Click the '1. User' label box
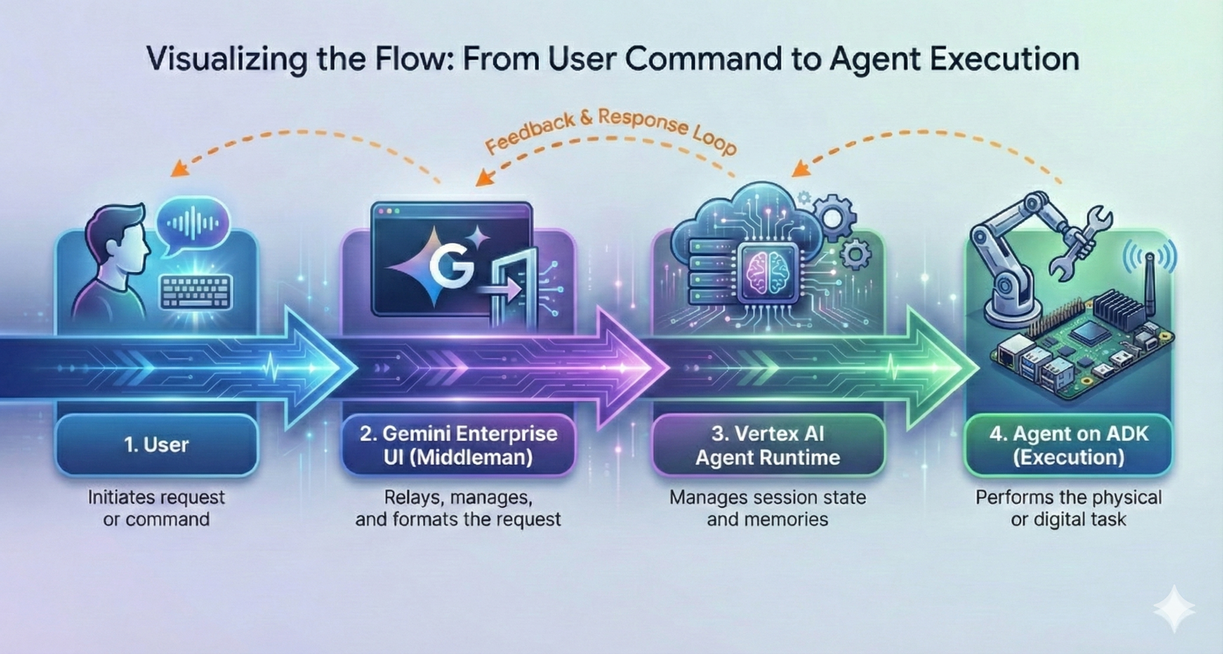[157, 445]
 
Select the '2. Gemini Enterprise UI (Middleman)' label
[458, 445]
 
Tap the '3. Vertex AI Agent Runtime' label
[768, 445]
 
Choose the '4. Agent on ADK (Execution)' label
[1068, 445]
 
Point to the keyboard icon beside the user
[196, 291]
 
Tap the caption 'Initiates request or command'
[157, 508]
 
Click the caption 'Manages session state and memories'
[768, 508]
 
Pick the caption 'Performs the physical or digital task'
[1068, 508]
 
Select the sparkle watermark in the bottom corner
[1173, 609]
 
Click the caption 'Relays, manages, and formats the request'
[458, 508]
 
